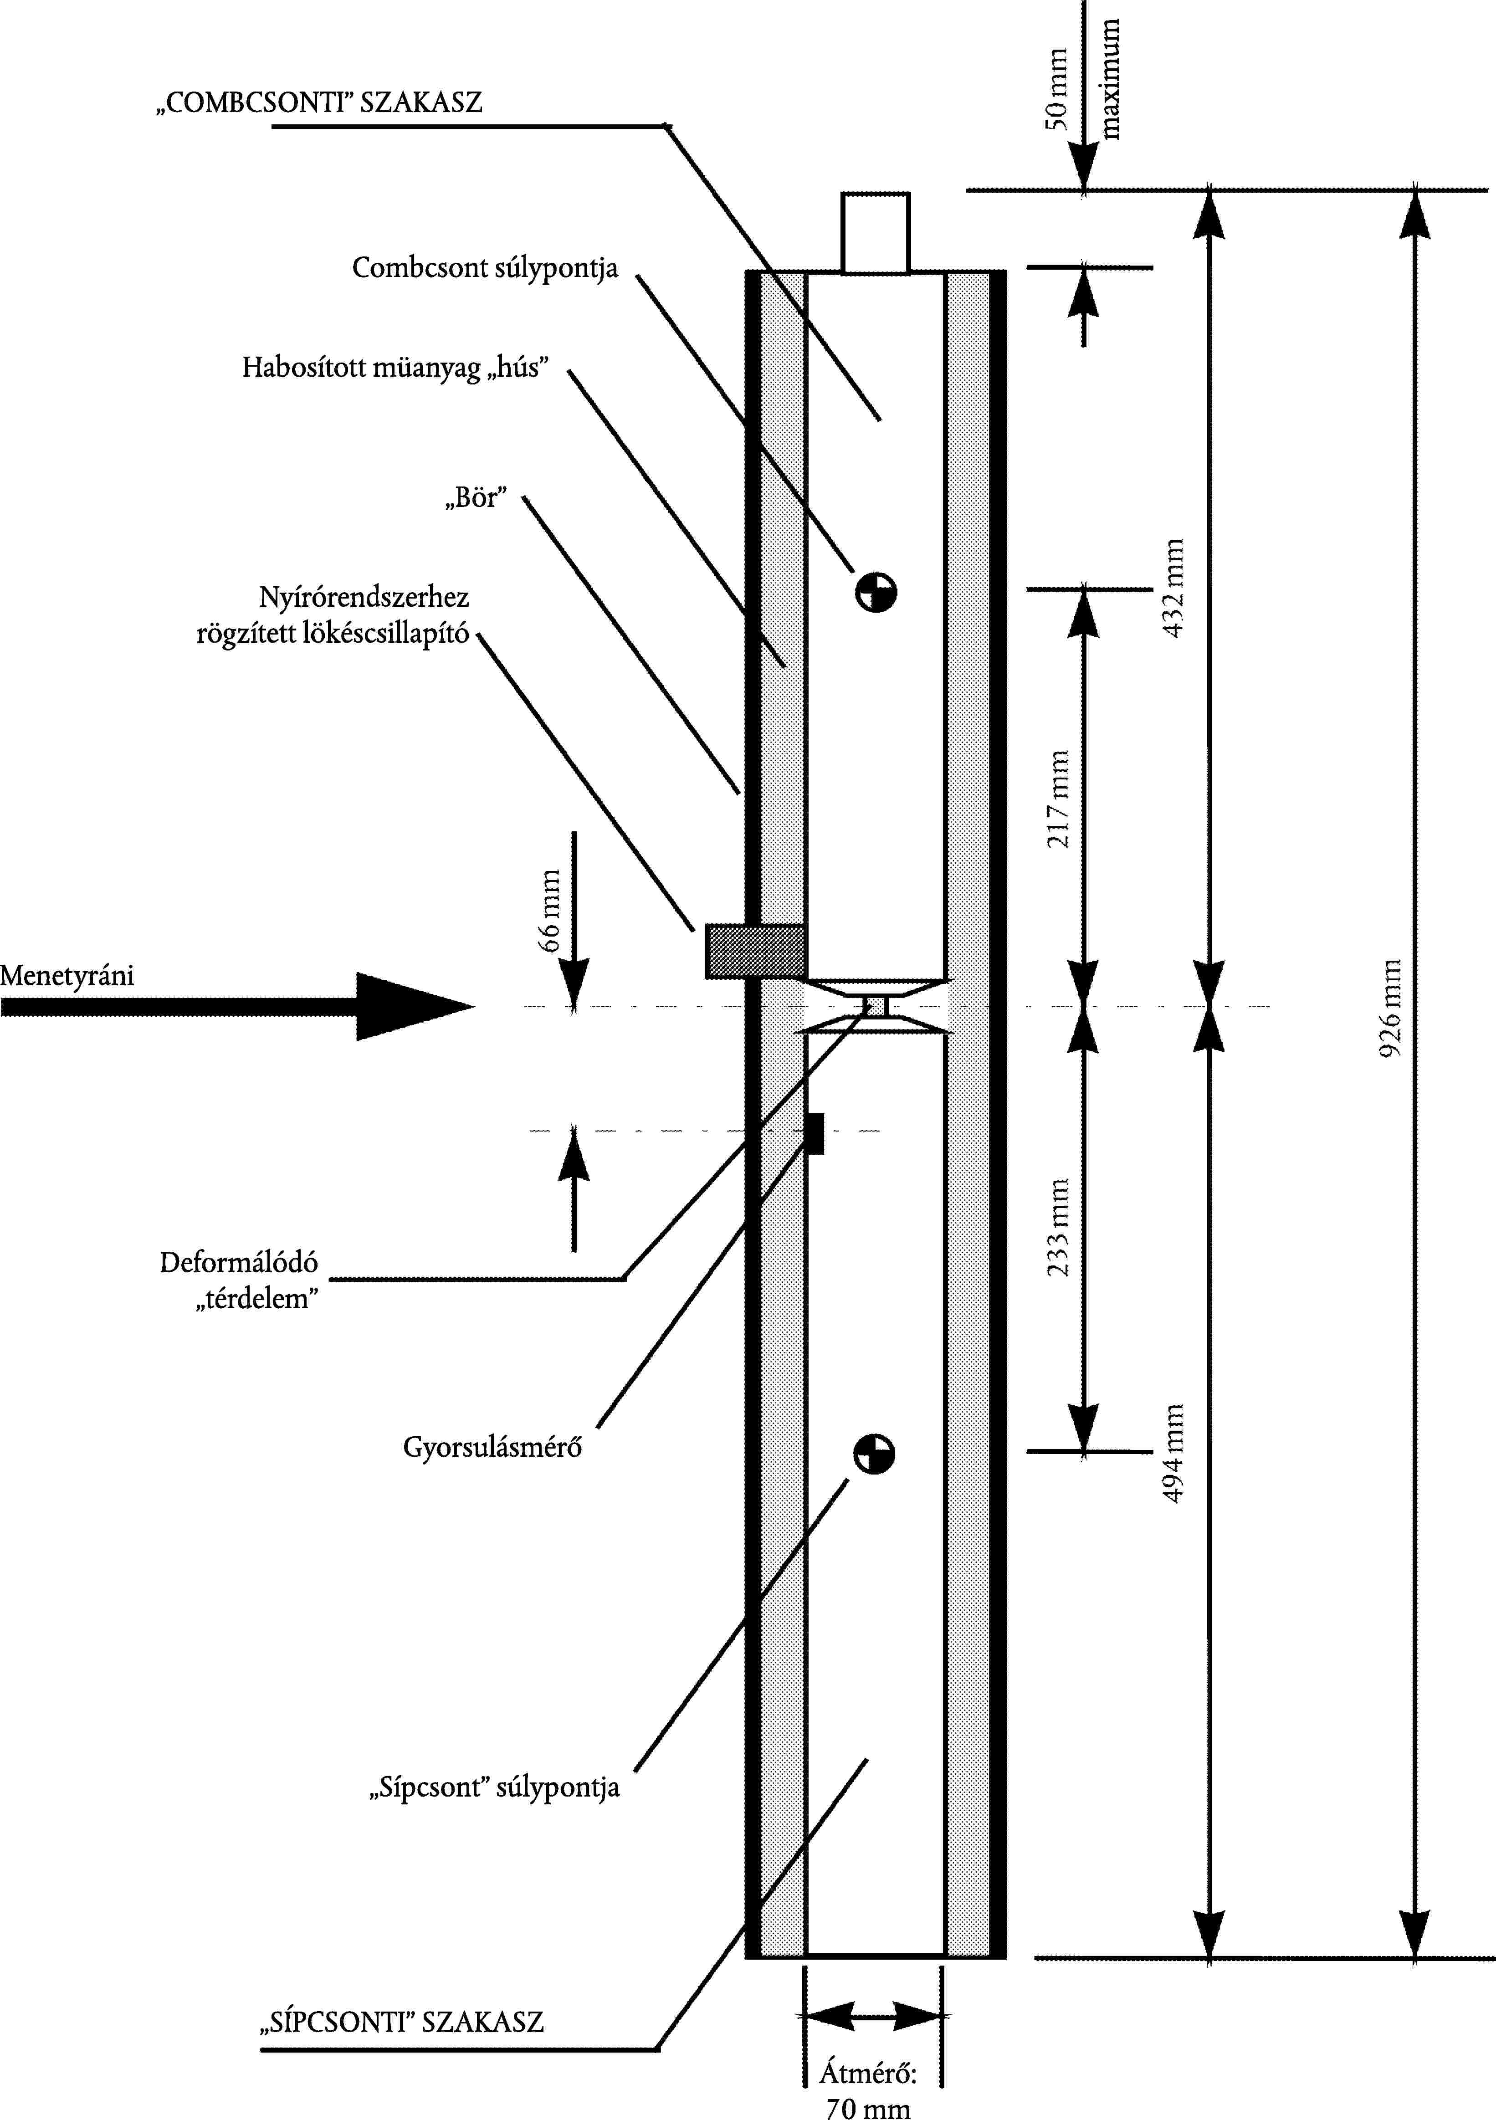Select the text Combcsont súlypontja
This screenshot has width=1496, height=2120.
pyautogui.click(x=485, y=269)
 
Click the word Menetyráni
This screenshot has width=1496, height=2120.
pyautogui.click(x=67, y=976)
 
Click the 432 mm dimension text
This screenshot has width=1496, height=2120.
pyautogui.click(x=1173, y=588)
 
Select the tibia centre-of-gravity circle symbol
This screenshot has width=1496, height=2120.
pyautogui.click(x=874, y=1454)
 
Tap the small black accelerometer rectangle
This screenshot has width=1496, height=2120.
pyautogui.click(x=815, y=1133)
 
